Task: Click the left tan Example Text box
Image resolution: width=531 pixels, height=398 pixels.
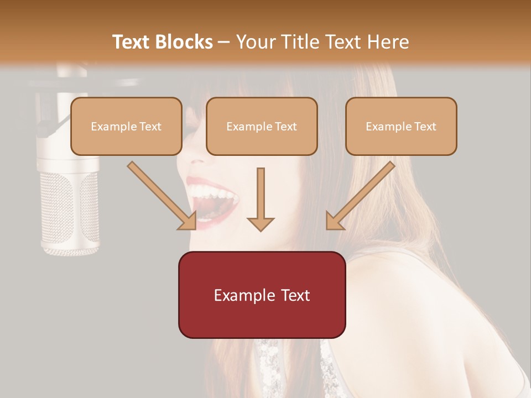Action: point(126,126)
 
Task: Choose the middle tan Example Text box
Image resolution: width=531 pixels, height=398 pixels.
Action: point(262,126)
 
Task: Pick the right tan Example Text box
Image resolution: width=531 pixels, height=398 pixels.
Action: point(401,126)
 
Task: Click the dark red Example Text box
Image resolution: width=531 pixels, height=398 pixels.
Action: point(262,295)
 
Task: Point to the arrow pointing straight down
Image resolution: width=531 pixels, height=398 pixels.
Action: point(261,199)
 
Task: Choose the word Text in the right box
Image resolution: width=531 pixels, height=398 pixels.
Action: point(425,127)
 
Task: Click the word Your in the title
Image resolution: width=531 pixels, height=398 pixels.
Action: point(255,42)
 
